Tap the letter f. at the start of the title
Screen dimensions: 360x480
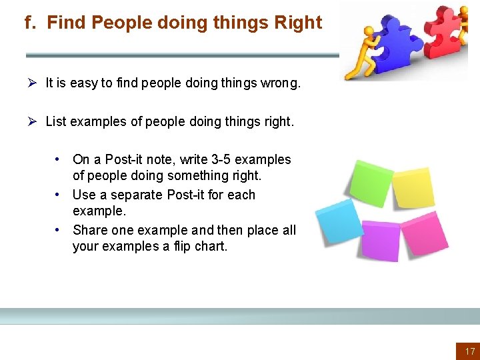pos(30,23)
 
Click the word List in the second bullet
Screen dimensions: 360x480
pos(56,121)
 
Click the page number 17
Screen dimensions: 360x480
pos(469,351)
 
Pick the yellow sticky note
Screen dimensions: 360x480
pos(414,187)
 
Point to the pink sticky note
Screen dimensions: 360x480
pos(423,232)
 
